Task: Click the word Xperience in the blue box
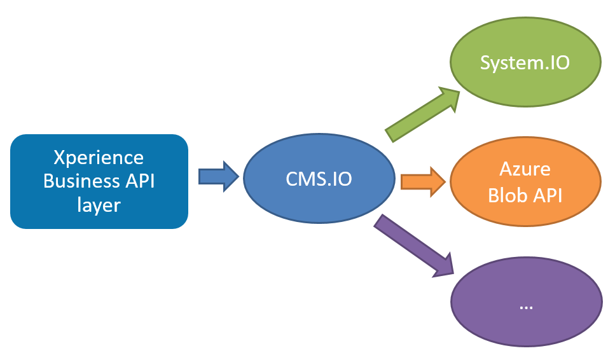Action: [99, 157]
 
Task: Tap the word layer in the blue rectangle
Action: [99, 205]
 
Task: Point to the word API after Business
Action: [137, 181]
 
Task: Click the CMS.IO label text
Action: [318, 179]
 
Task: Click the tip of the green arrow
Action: [459, 91]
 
